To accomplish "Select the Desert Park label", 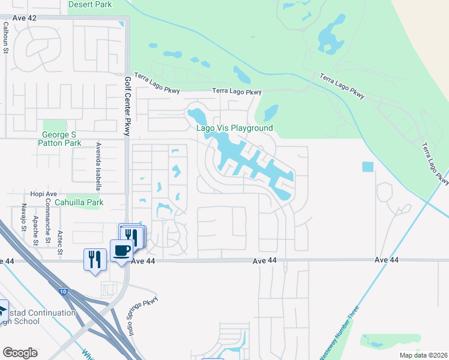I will (90, 4).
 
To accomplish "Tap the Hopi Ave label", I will (43, 194).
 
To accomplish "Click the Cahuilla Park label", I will (79, 203).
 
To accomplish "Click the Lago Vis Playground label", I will (235, 128).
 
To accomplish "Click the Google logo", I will (20, 353).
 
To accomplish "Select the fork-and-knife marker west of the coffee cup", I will (95, 259).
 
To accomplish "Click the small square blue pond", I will (368, 166).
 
